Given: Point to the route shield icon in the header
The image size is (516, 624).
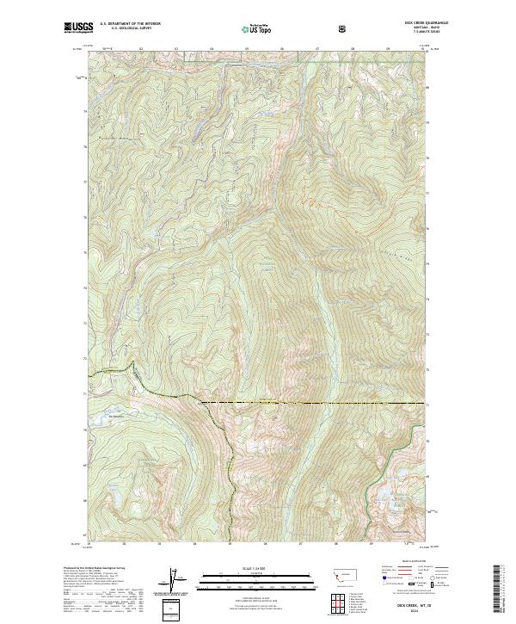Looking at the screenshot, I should [345, 29].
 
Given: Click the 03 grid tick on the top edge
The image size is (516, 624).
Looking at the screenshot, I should [175, 49].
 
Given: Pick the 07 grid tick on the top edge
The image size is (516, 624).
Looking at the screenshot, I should [316, 49].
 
